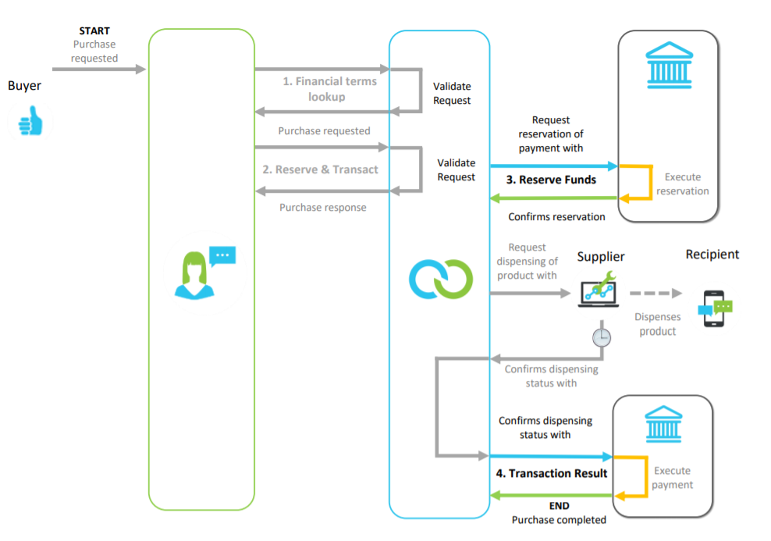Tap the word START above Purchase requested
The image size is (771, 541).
[94, 31]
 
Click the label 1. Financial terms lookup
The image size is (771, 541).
[329, 89]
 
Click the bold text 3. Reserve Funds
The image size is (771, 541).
[551, 180]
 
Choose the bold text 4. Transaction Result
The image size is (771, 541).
[551, 473]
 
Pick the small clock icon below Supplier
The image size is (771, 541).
[601, 337]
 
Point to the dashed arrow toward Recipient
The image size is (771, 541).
[656, 294]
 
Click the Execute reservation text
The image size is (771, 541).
[682, 184]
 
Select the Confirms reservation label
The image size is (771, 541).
[556, 217]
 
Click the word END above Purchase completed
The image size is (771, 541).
[560, 506]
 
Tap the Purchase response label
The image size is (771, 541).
[323, 208]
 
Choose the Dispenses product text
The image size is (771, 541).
[657, 324]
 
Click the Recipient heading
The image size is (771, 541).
[712, 254]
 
